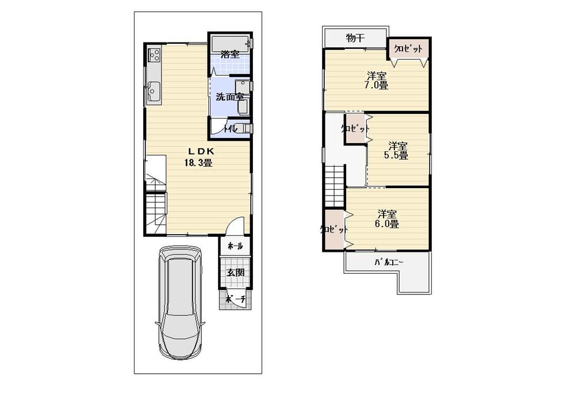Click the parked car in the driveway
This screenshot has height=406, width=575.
tap(178, 302)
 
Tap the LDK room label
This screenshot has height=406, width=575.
tap(199, 151)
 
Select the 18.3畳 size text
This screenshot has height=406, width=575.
tap(199, 163)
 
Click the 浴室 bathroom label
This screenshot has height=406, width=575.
tap(230, 55)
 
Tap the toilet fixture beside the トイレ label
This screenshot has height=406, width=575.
tap(243, 129)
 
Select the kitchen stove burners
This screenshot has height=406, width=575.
tap(154, 56)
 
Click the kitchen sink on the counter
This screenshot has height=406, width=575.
tap(154, 91)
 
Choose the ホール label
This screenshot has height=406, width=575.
tap(235, 246)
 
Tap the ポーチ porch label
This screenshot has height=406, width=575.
tap(235, 300)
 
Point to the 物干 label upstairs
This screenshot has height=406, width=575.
tap(355, 39)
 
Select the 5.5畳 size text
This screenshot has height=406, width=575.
tap(396, 155)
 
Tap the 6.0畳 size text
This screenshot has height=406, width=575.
tap(387, 224)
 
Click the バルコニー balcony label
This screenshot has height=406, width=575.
tap(389, 262)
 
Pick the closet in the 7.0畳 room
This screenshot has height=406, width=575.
tap(409, 49)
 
